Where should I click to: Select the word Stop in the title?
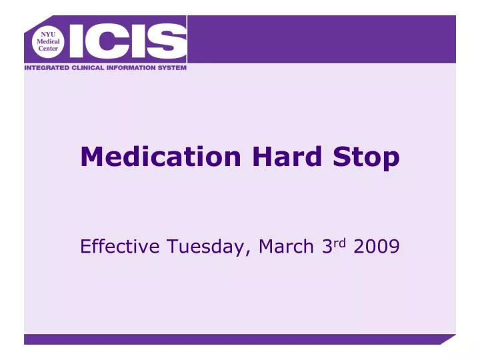pyautogui.click(x=367, y=158)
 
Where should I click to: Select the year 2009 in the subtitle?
pyautogui.click(x=377, y=247)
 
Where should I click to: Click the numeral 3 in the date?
pyautogui.click(x=327, y=247)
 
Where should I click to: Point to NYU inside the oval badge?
pyautogui.click(x=48, y=33)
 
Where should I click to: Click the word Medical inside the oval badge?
pyautogui.click(x=48, y=41)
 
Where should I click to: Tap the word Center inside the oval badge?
pyautogui.click(x=48, y=49)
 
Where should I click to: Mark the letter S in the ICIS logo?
pyautogui.click(x=166, y=41)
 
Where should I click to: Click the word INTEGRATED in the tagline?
pyautogui.click(x=50, y=67)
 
